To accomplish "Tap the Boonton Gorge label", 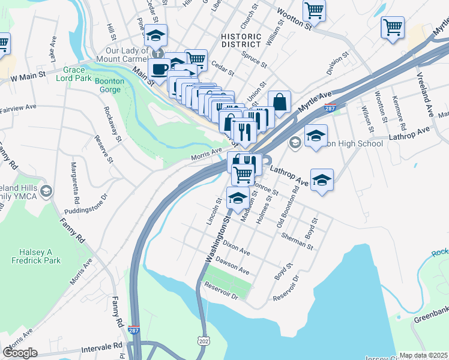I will (x=109, y=85).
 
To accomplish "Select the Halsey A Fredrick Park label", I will (x=35, y=256).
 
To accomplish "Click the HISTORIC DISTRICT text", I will (x=241, y=40).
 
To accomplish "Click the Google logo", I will (x=20, y=352).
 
